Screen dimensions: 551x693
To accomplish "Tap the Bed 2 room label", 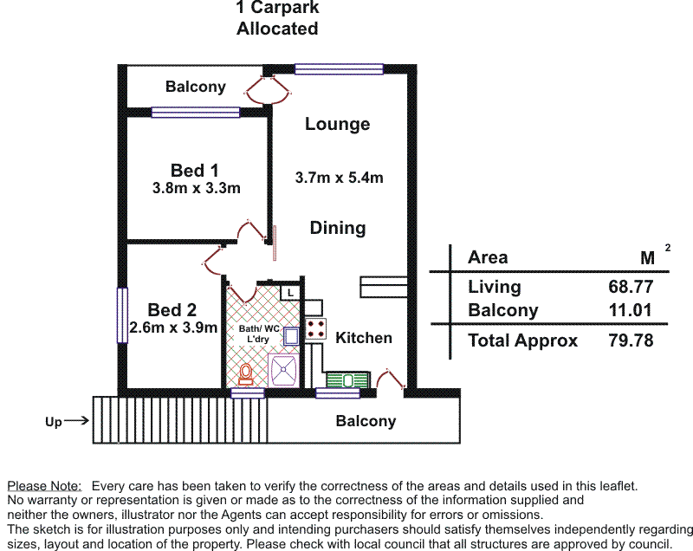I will (x=172, y=309).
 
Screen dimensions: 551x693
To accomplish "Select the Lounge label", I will (x=337, y=124).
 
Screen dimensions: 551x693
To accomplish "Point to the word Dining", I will (x=338, y=228).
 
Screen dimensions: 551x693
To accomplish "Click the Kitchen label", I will (x=364, y=337).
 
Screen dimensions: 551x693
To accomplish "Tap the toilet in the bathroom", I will (x=246, y=373).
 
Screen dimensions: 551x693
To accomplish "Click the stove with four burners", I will (x=314, y=327).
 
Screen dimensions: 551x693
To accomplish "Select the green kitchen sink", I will (x=347, y=379).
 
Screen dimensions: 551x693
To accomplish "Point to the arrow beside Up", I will (x=75, y=422).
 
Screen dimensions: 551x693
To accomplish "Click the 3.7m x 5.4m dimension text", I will (x=339, y=178).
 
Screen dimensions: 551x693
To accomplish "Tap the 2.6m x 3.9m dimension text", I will (x=172, y=327).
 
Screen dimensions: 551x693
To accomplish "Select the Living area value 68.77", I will (x=631, y=287).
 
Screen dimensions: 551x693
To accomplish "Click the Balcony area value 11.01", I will (x=631, y=310).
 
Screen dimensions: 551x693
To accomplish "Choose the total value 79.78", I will (x=631, y=340).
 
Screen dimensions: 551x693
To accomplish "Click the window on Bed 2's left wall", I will (x=122, y=314).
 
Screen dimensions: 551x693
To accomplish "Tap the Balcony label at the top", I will (x=196, y=87).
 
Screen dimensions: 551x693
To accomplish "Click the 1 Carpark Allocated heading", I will (x=277, y=18).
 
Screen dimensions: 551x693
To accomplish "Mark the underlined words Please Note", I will (x=44, y=487).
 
